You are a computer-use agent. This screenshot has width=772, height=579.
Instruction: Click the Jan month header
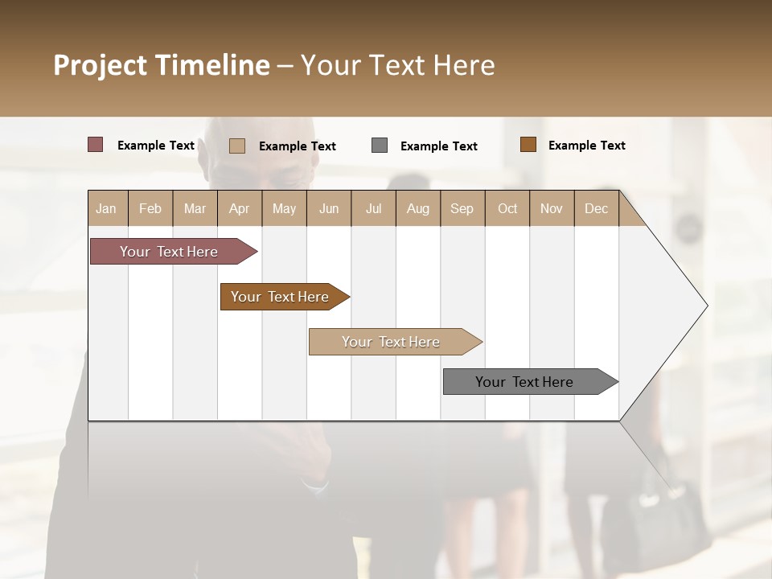(x=107, y=208)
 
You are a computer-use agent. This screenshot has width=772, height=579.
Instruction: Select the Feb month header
(x=150, y=208)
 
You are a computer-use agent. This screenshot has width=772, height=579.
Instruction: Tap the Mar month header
(x=195, y=208)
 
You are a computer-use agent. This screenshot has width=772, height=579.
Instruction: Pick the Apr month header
(x=240, y=208)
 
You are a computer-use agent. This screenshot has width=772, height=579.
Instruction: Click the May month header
(x=284, y=208)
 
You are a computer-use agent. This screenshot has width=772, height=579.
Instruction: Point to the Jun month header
(x=329, y=208)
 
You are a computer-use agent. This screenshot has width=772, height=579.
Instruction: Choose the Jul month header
(x=373, y=208)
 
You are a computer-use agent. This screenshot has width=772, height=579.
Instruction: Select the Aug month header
(x=418, y=208)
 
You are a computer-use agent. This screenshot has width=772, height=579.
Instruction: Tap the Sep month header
(x=462, y=208)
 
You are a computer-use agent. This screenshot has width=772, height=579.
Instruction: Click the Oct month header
(x=507, y=208)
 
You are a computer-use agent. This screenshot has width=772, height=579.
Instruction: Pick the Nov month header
(x=552, y=208)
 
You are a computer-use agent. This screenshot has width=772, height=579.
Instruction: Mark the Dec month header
(x=597, y=208)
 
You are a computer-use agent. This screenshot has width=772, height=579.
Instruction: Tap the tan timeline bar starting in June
(x=392, y=342)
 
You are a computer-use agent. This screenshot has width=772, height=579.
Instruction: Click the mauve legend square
(x=96, y=145)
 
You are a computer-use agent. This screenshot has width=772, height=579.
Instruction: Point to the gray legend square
(x=380, y=146)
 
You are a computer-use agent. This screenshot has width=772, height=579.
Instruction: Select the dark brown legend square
(x=528, y=145)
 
